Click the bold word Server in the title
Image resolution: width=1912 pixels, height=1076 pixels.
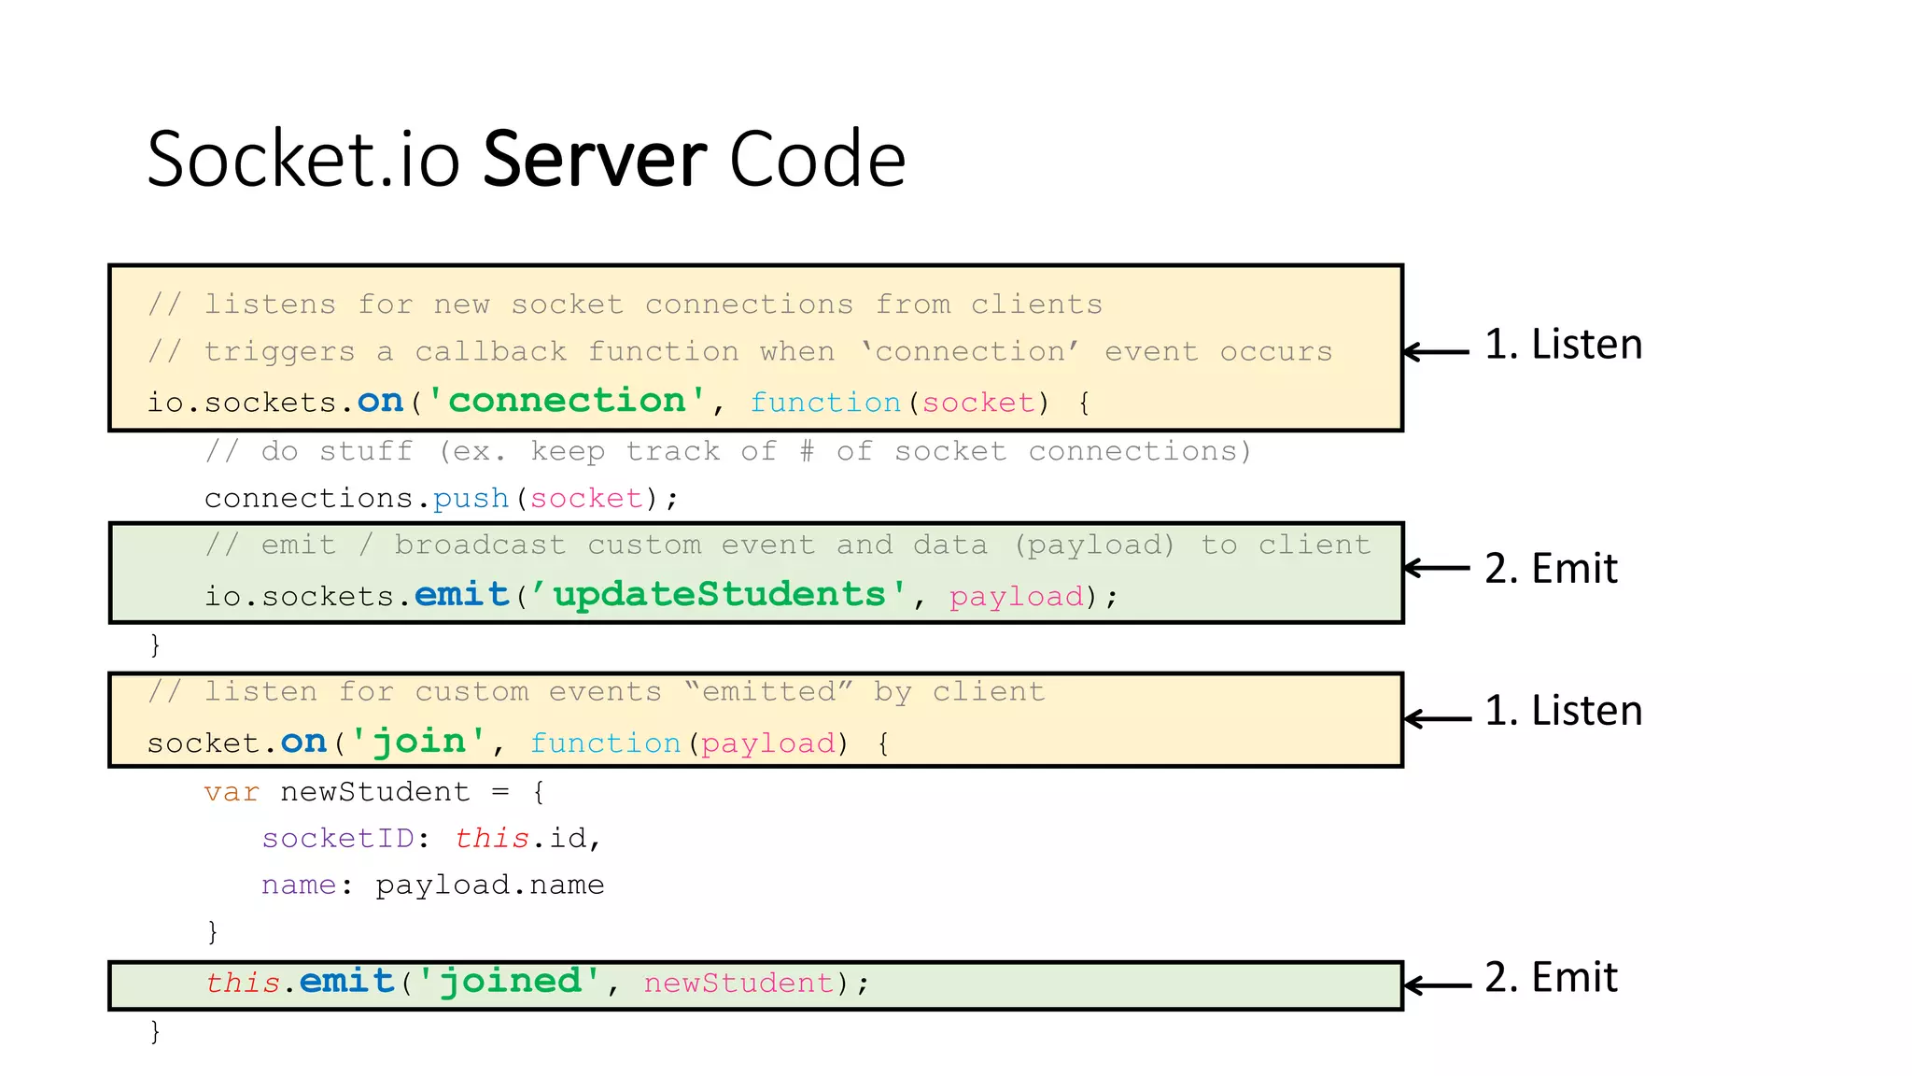coord(595,160)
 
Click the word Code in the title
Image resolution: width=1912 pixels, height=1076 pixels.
coord(817,160)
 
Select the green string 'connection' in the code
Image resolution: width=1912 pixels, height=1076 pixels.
coord(567,401)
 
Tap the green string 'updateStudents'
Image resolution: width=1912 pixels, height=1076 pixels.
coord(718,594)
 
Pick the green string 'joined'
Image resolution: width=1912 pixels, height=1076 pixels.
coord(509,981)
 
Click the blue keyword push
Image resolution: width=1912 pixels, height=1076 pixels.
coord(471,498)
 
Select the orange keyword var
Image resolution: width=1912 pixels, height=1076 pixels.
coord(232,792)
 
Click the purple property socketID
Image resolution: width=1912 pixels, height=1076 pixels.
coord(338,838)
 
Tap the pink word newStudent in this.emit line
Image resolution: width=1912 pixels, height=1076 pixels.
coord(738,983)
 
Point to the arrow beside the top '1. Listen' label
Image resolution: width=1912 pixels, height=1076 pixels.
coord(1436,351)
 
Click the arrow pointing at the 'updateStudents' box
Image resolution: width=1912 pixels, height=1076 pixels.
coord(1436,568)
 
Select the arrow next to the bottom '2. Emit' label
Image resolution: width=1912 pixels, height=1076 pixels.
coord(1436,984)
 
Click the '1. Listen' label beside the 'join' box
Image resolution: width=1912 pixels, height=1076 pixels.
coord(1563,711)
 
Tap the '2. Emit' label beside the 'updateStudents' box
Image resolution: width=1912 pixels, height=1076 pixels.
coord(1551,569)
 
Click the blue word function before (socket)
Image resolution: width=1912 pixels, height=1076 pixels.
coord(825,403)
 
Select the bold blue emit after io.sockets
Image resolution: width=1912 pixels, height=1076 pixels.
coord(461,594)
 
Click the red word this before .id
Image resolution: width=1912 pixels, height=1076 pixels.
coord(492,838)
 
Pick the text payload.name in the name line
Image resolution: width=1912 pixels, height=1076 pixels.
coord(489,885)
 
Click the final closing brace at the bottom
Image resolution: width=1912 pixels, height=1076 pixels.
coord(155,1031)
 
